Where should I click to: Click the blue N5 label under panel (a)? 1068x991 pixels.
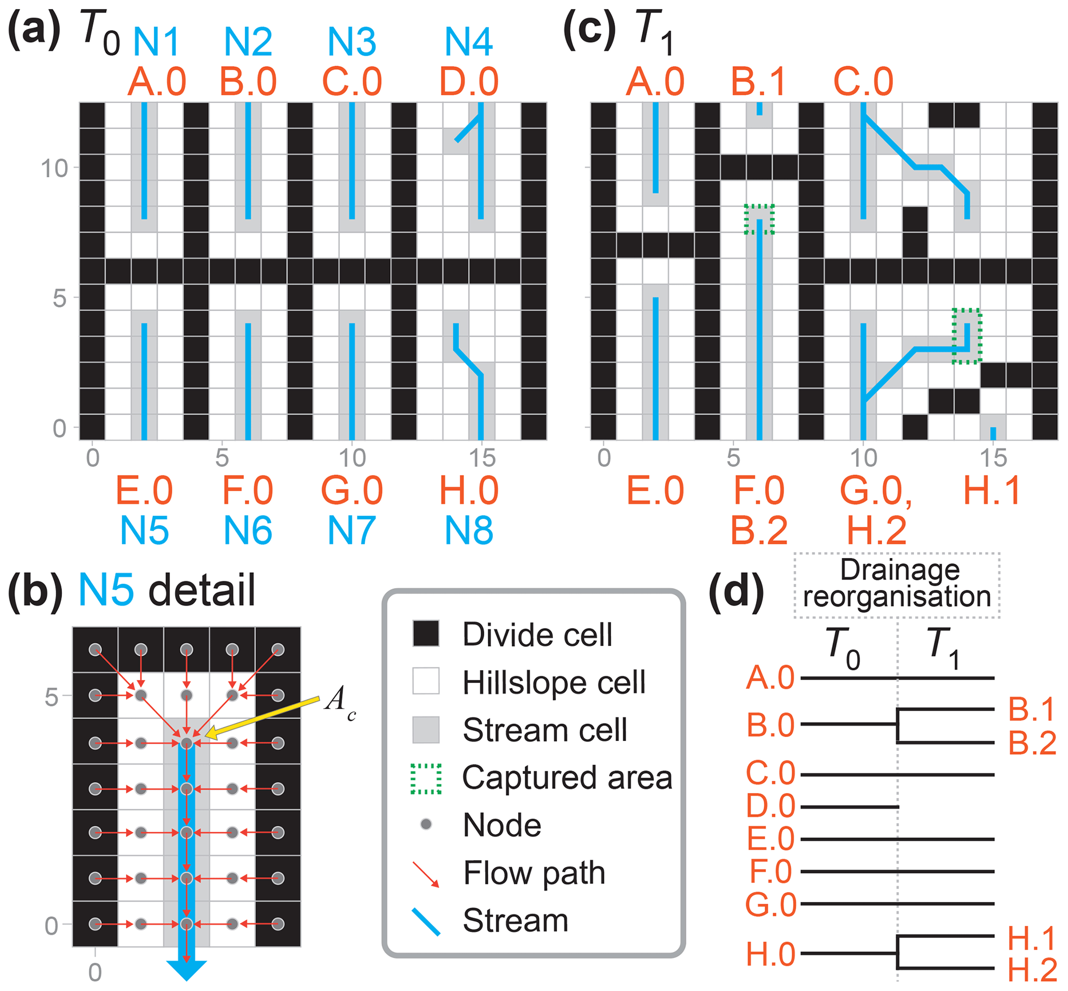pyautogui.click(x=144, y=530)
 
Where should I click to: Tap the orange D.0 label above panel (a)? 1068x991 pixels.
pyautogui.click(x=469, y=82)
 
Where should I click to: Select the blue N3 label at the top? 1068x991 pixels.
pyautogui.click(x=352, y=42)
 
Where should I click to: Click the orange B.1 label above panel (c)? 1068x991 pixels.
pyautogui.click(x=758, y=82)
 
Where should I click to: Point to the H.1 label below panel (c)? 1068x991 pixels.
pyautogui.click(x=992, y=490)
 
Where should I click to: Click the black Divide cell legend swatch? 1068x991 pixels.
pyautogui.click(x=426, y=633)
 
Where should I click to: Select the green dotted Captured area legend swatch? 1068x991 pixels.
pyautogui.click(x=426, y=778)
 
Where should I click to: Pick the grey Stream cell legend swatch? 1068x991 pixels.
pyautogui.click(x=426, y=730)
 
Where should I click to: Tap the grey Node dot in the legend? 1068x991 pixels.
pyautogui.click(x=426, y=824)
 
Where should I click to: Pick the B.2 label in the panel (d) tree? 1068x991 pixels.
pyautogui.click(x=1031, y=743)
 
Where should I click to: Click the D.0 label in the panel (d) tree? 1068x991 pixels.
pyautogui.click(x=770, y=806)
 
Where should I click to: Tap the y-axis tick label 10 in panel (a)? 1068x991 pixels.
pyautogui.click(x=55, y=168)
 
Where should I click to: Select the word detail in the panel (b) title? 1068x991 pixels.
pyautogui.click(x=202, y=590)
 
